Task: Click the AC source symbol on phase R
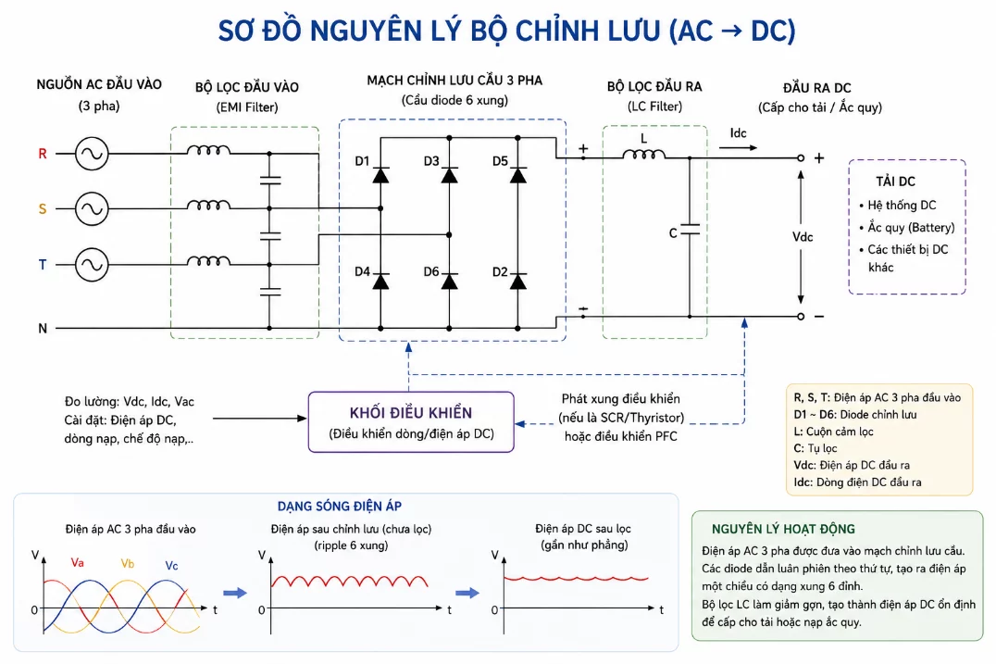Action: click(92, 153)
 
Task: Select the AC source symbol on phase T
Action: click(92, 264)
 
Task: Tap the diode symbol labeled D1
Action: click(380, 175)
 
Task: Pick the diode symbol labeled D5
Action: click(517, 175)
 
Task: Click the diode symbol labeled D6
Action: click(449, 281)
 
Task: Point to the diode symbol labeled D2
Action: click(517, 281)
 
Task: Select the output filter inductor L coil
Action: click(643, 154)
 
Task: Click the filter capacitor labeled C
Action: click(690, 230)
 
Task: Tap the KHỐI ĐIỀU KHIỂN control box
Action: click(411, 422)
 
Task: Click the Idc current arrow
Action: click(738, 148)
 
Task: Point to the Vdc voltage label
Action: click(803, 237)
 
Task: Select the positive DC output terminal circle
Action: click(801, 157)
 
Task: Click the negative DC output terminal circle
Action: click(801, 317)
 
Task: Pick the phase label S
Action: click(43, 209)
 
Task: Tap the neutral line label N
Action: click(43, 329)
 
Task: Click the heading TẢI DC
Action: click(896, 182)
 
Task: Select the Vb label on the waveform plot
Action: click(128, 564)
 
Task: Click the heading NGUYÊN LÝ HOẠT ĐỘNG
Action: click(783, 529)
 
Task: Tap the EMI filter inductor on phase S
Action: click(208, 206)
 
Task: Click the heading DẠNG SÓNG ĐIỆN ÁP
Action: click(339, 507)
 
